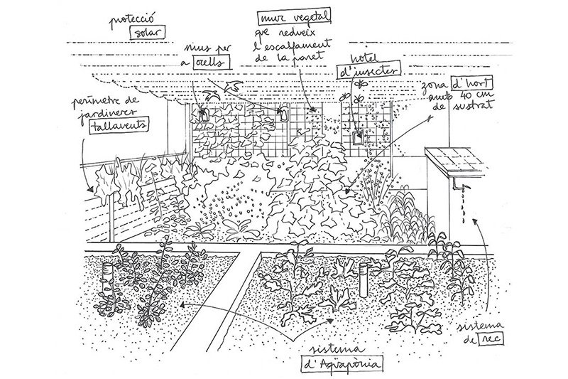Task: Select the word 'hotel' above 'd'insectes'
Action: tap(368, 55)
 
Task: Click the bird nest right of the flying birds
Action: tap(281, 113)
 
